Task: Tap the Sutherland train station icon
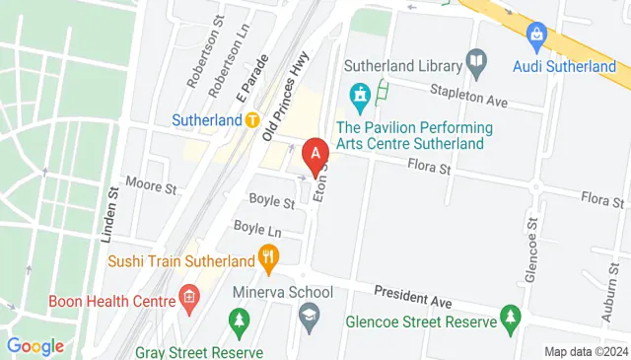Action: click(x=252, y=120)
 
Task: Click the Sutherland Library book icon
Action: click(x=476, y=65)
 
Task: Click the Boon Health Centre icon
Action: click(x=188, y=298)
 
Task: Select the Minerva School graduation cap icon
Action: click(x=310, y=315)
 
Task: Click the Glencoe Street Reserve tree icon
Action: click(x=510, y=318)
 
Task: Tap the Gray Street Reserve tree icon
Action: click(x=238, y=322)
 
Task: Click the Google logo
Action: click(x=35, y=346)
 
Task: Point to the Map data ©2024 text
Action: click(x=586, y=351)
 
